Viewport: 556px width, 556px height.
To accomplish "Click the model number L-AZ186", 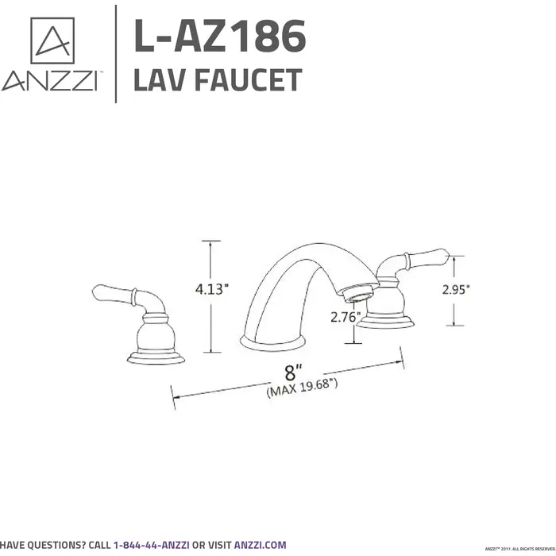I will click(x=219, y=37).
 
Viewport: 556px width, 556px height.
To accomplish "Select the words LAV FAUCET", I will click(x=217, y=80).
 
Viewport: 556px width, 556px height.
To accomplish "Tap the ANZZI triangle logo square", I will click(x=52, y=41).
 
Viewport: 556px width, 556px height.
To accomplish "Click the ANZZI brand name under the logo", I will click(x=50, y=82).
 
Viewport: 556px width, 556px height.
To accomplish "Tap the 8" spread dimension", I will click(x=295, y=371).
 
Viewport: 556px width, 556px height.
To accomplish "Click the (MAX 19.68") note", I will click(x=303, y=386).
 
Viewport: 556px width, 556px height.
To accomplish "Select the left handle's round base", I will click(x=156, y=353).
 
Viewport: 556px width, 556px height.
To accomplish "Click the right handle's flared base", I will click(x=388, y=319).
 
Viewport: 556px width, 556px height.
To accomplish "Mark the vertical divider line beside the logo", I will click(x=116, y=53).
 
